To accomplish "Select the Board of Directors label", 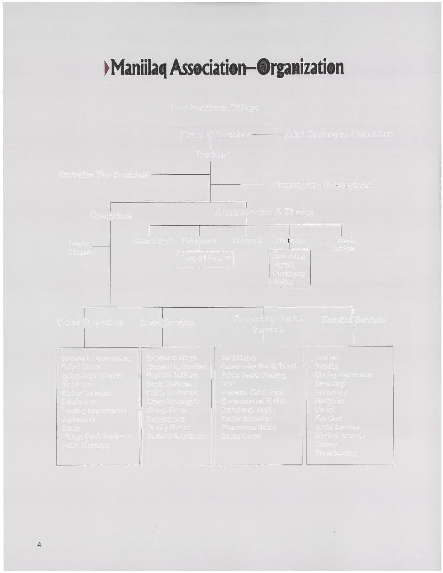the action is point(215,134).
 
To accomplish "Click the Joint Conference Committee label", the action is point(338,134).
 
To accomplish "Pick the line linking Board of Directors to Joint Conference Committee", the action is point(268,134).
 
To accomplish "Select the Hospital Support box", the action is point(205,258).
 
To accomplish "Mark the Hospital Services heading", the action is point(353,319).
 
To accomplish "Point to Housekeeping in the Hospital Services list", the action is point(335,453).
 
